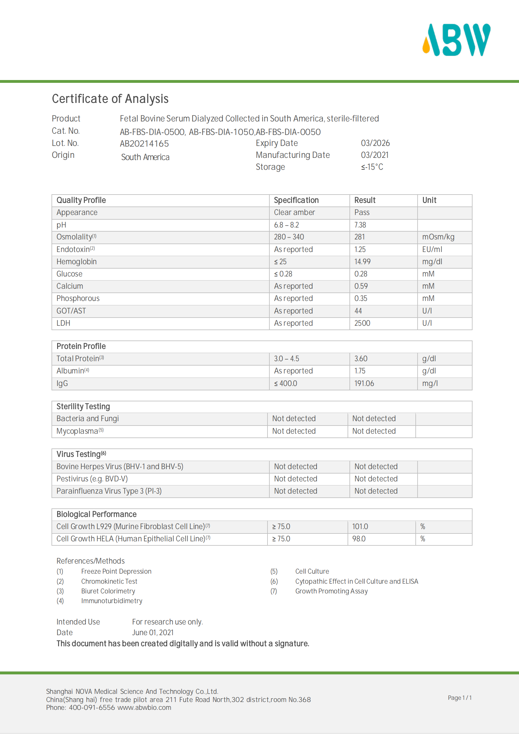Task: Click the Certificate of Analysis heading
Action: pos(110,99)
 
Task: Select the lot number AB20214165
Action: pos(144,144)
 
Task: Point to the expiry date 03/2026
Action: pos(375,143)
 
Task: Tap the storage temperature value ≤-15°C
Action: pos(372,167)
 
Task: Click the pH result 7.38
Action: pos(360,225)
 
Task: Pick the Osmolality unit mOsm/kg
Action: pos(438,237)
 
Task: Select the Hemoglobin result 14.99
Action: pos(362,262)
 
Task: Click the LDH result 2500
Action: pos(362,323)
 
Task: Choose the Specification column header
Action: pos(296,200)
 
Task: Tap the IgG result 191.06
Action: pos(364,383)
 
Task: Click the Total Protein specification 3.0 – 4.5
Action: pos(287,359)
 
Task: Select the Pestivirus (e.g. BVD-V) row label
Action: pos(92,479)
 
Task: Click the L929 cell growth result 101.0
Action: pos(360,527)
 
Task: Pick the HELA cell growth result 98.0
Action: pos(359,539)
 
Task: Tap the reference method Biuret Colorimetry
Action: pos(108,591)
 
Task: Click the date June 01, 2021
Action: pos(153,632)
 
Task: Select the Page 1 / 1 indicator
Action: pos(460,698)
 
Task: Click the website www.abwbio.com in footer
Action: pos(144,707)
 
